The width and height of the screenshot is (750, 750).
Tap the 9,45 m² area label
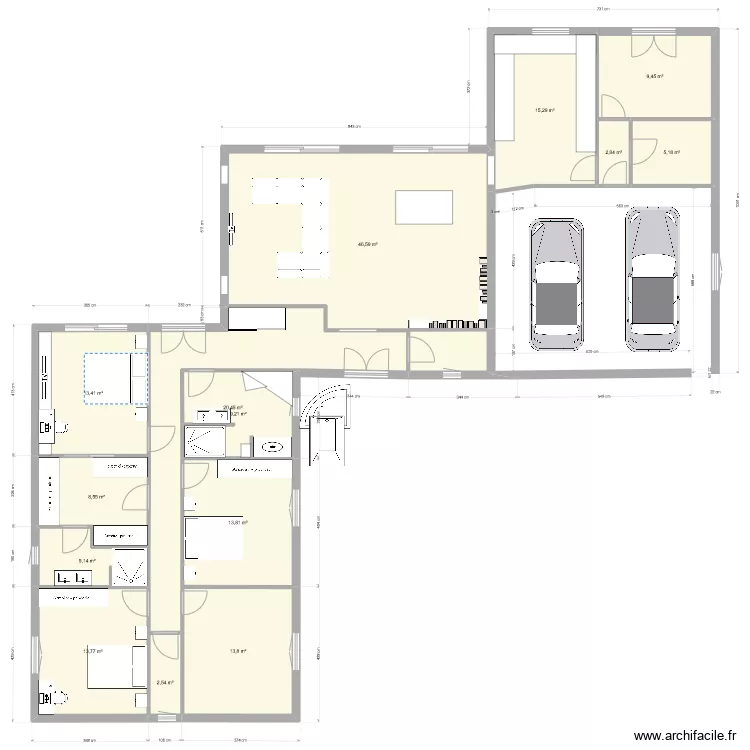point(655,76)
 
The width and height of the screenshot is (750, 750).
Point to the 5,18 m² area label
point(670,152)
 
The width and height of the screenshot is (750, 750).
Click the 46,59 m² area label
point(368,243)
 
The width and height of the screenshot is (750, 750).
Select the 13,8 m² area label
point(237,651)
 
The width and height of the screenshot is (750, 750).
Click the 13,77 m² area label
point(92,651)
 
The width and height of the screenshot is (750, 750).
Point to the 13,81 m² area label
point(237,522)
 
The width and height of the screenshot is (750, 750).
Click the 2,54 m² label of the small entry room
point(165,683)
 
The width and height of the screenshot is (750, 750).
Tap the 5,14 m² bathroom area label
point(87,561)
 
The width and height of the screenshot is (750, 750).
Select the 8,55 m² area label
point(96,496)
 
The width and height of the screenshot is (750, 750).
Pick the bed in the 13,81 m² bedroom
point(210,542)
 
